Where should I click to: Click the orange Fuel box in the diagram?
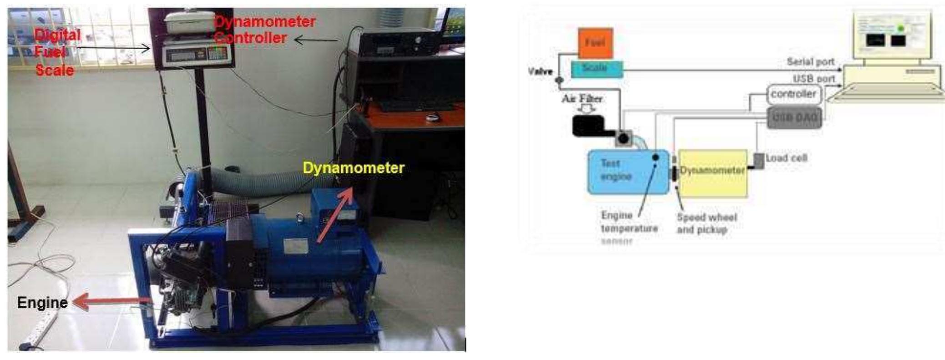(595, 43)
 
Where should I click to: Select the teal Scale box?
(596, 69)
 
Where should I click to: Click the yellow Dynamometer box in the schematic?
(713, 173)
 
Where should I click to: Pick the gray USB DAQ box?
(794, 118)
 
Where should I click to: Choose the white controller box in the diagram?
(793, 94)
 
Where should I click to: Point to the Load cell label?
(786, 158)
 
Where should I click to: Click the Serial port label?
(810, 61)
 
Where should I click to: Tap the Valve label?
(540, 71)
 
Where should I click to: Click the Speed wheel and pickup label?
(706, 223)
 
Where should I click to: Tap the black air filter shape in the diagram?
(588, 126)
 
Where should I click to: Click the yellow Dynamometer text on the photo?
(353, 168)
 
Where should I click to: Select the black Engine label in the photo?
(42, 303)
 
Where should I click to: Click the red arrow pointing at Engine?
(111, 302)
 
